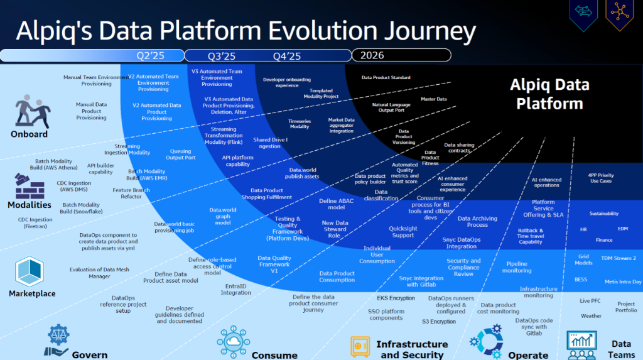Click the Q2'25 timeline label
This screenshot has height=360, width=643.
click(151, 56)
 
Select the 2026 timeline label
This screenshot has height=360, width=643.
click(372, 55)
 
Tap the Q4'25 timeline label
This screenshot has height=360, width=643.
click(287, 56)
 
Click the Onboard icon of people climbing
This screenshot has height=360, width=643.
click(31, 112)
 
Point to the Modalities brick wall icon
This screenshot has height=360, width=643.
click(30, 186)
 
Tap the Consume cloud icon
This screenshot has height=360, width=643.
click(235, 340)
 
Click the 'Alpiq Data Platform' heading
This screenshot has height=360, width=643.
click(549, 94)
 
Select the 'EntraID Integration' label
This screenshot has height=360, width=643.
click(235, 289)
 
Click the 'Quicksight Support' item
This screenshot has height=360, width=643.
click(403, 232)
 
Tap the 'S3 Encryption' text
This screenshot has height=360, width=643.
click(438, 322)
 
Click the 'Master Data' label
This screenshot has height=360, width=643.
click(433, 99)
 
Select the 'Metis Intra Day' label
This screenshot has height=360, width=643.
click(623, 281)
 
